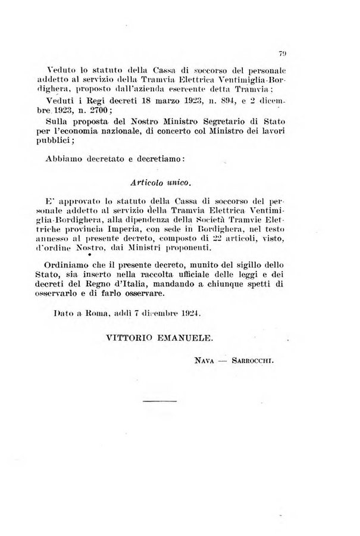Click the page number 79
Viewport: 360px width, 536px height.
click(x=286, y=53)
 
